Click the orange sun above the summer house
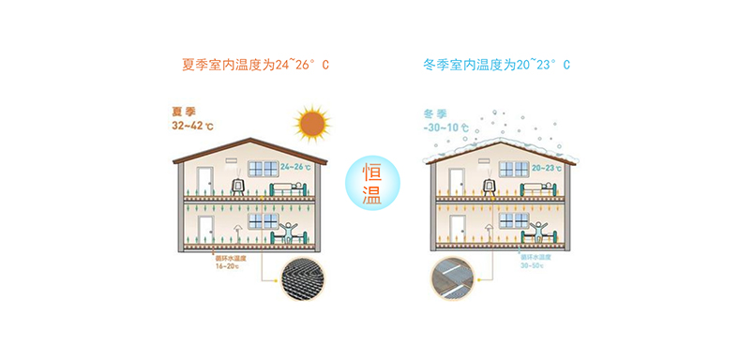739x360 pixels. click(x=311, y=124)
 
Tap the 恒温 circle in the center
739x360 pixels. click(x=369, y=181)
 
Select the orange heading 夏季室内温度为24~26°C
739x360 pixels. click(x=255, y=66)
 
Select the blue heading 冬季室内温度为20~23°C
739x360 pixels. click(x=496, y=66)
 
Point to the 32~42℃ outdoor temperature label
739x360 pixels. click(x=192, y=125)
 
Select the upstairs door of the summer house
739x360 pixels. click(x=204, y=180)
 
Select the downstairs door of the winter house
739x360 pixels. click(x=457, y=232)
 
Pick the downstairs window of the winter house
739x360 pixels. click(x=512, y=221)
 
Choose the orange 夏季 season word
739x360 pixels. click(x=181, y=111)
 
